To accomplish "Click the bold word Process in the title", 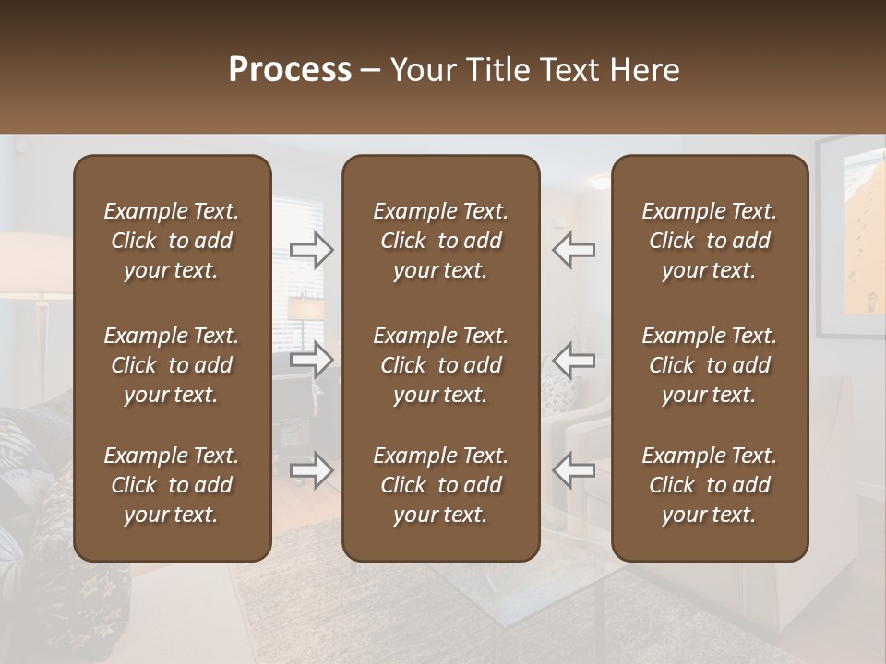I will [290, 70].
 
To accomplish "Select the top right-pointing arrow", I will [312, 250].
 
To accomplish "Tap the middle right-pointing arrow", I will [312, 360].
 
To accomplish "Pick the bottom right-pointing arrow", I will [312, 470].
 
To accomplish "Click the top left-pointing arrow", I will [574, 250].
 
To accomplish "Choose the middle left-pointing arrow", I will [574, 360].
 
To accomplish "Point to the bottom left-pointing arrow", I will [574, 470].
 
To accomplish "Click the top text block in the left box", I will [172, 241].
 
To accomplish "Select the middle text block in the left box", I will [172, 365].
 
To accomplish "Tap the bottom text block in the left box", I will [172, 485].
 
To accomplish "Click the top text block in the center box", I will [440, 241].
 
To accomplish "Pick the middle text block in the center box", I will [440, 365].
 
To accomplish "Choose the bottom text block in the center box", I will [440, 485].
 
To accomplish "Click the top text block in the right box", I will [710, 241].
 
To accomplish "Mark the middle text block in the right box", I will [710, 365].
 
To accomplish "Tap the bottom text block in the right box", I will [710, 485].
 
